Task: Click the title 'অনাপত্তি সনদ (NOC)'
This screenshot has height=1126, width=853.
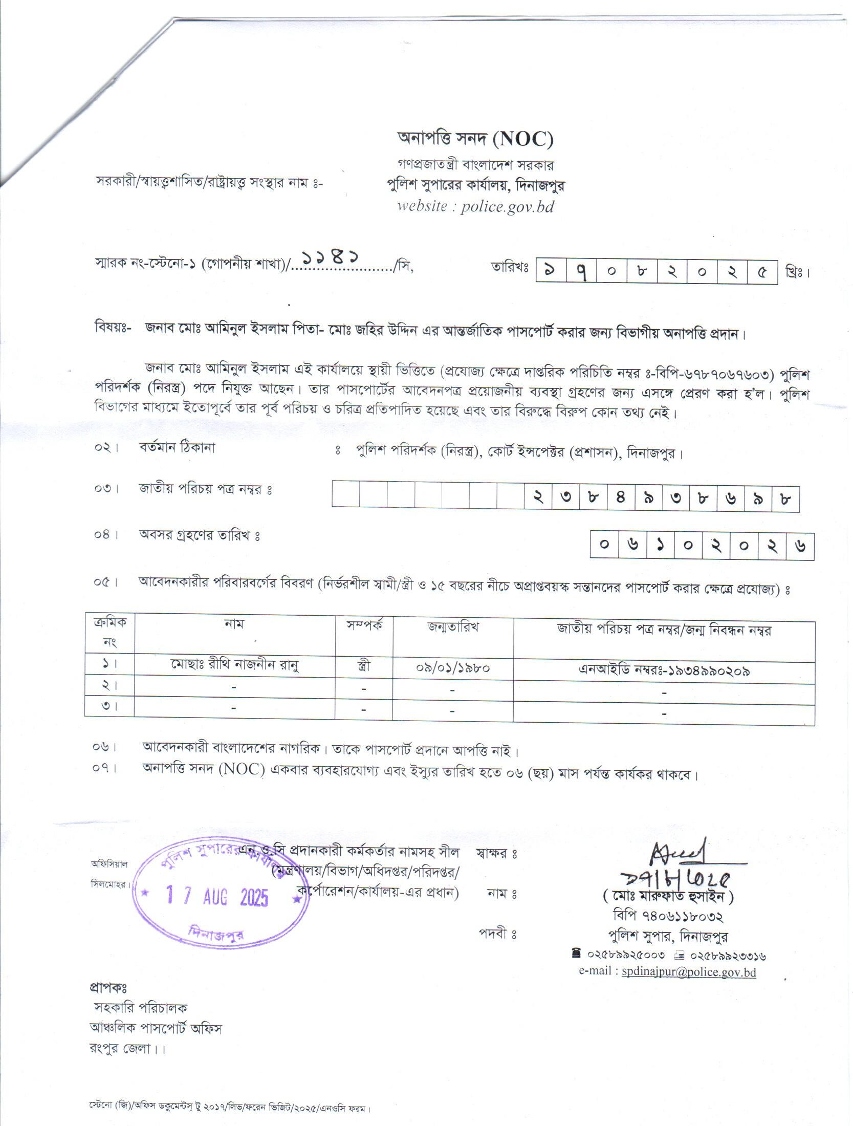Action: pyautogui.click(x=475, y=138)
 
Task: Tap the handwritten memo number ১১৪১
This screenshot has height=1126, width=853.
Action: pyautogui.click(x=333, y=257)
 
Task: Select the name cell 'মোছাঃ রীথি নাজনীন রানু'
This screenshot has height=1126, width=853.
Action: pyautogui.click(x=234, y=665)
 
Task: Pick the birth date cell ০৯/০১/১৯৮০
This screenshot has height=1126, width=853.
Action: pyautogui.click(x=452, y=668)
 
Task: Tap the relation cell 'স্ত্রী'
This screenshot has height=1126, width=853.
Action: pyautogui.click(x=364, y=666)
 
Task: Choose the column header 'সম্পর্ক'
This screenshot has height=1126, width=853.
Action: pyautogui.click(x=363, y=625)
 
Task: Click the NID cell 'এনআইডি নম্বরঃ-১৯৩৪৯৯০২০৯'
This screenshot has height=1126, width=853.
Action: pyautogui.click(x=664, y=670)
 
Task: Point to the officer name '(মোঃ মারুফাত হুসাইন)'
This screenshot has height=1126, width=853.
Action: pyautogui.click(x=668, y=896)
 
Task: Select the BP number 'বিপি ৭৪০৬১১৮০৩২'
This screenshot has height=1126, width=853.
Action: pyautogui.click(x=668, y=916)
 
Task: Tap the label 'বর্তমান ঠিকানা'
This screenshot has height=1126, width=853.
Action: pyautogui.click(x=177, y=447)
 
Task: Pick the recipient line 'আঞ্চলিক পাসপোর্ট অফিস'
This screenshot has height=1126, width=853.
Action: pyautogui.click(x=156, y=1028)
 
